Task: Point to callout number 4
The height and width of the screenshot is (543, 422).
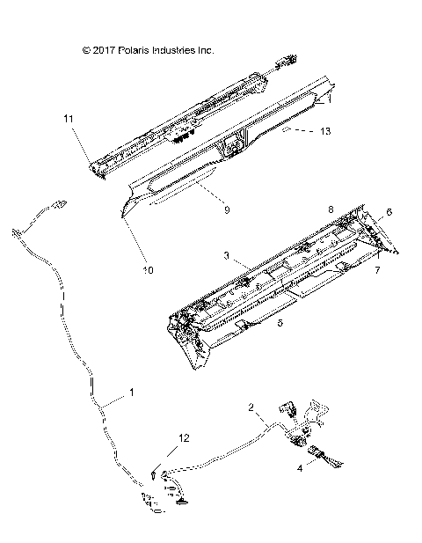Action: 300,469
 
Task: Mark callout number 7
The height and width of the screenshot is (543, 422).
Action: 378,269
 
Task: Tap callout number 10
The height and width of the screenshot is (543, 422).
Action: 147,270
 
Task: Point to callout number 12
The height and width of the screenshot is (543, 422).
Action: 184,437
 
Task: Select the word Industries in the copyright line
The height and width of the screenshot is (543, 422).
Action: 178,50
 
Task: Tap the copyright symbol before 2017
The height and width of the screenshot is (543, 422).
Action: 85,50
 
